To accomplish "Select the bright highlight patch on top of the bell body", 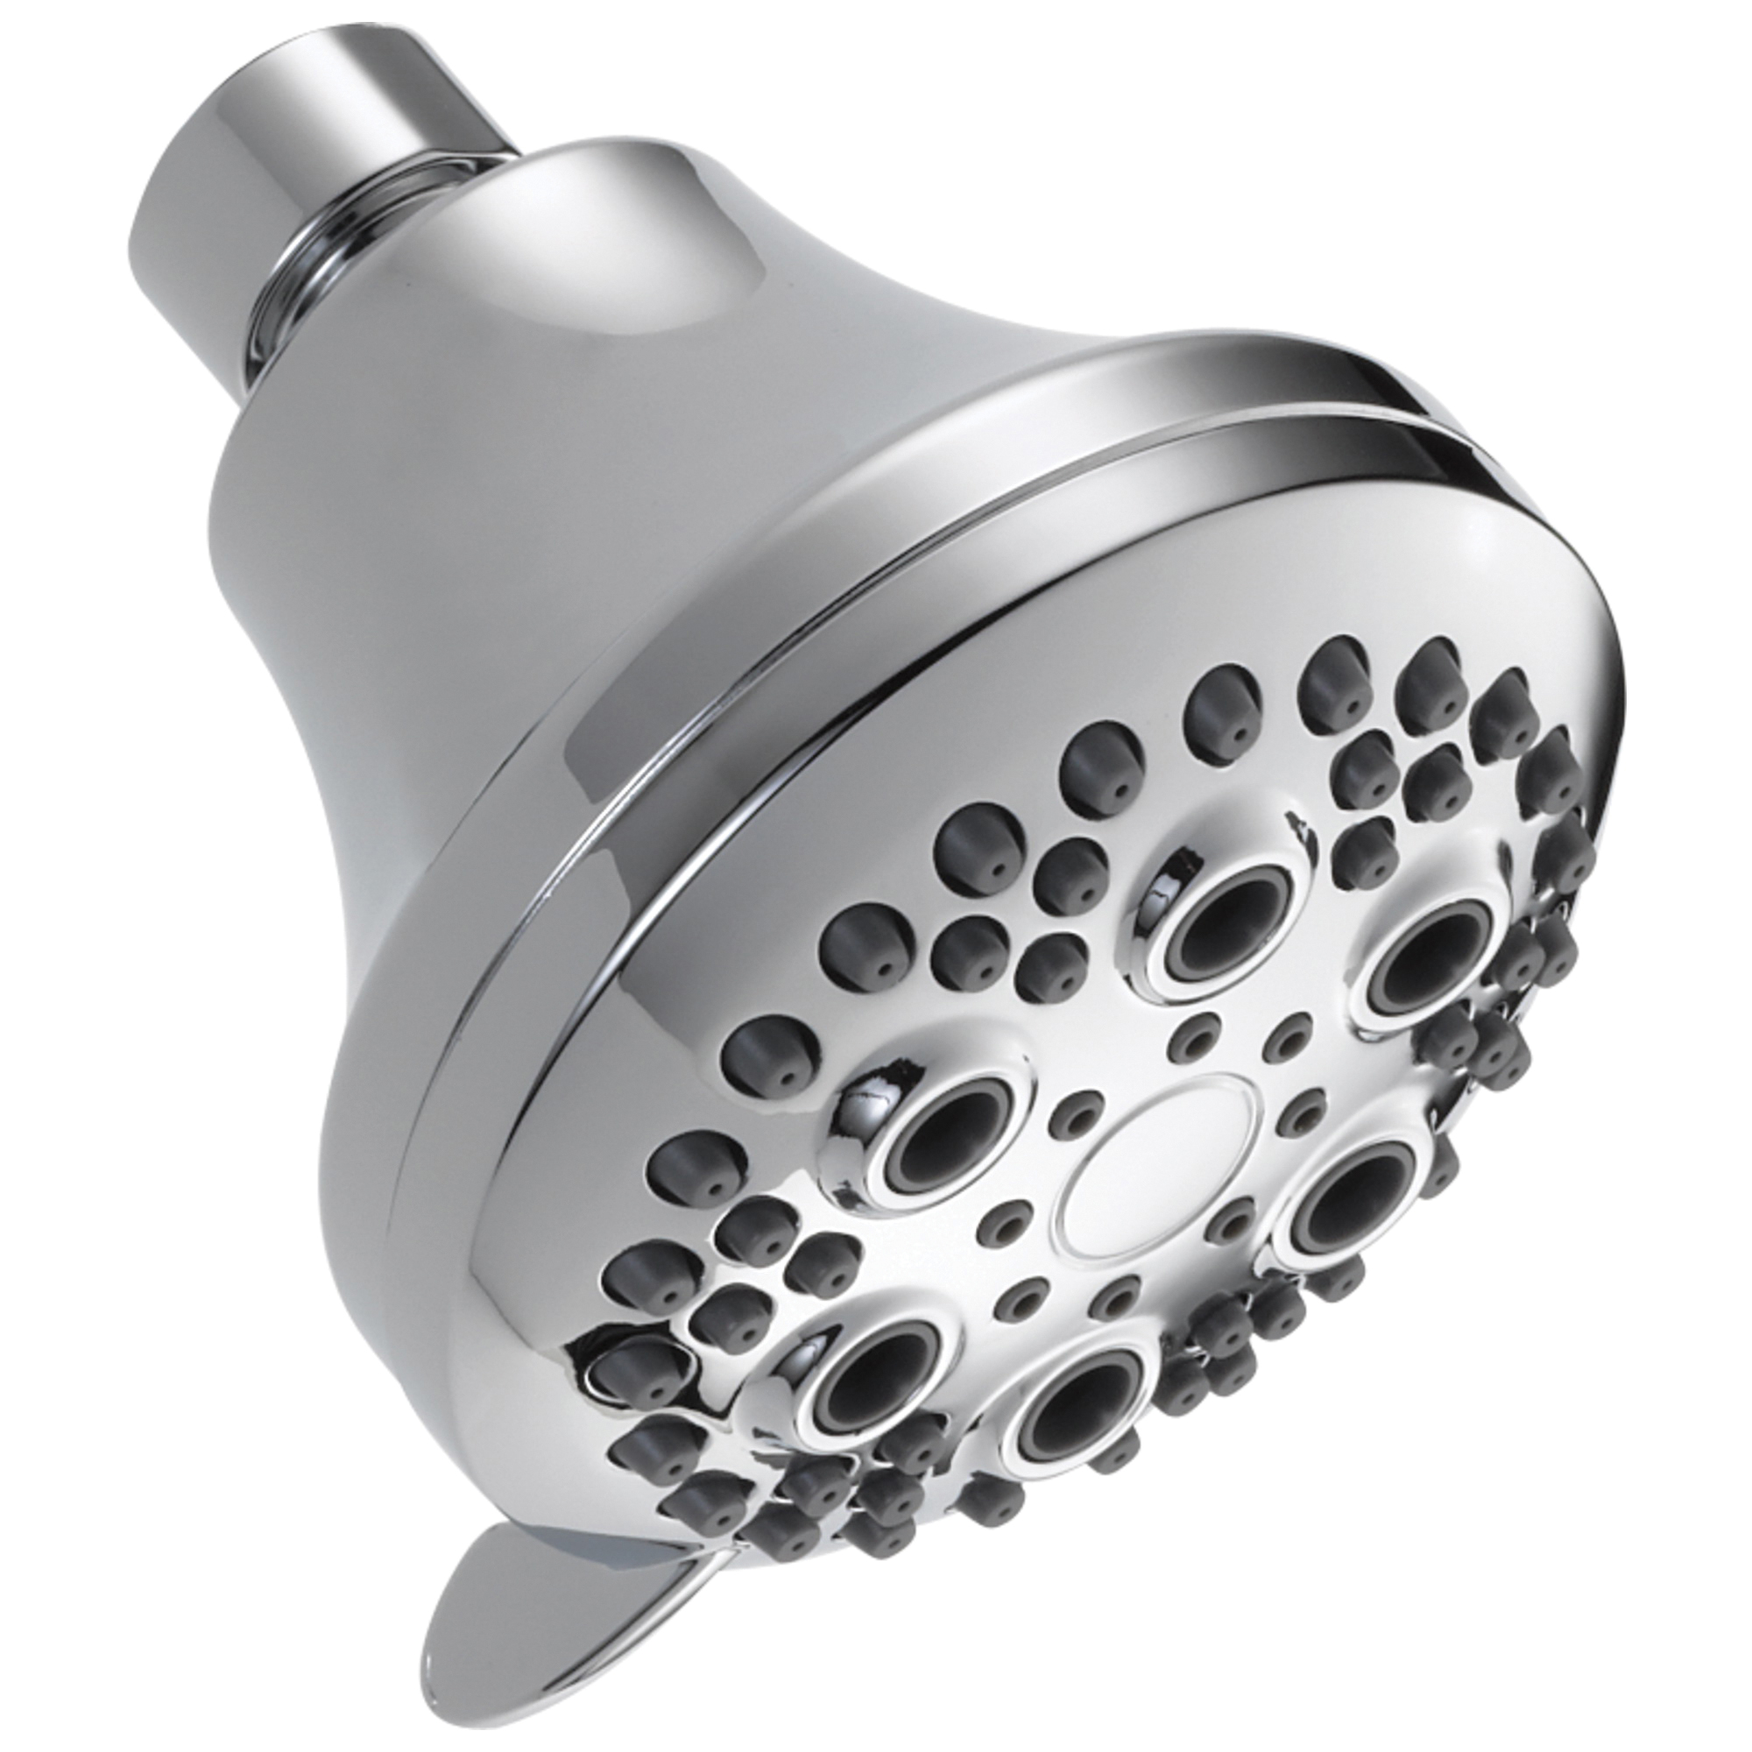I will point(625,300).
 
